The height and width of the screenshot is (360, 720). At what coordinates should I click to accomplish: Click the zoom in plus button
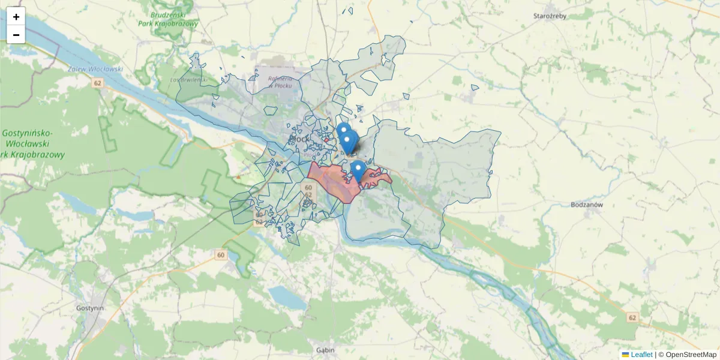coord(16,17)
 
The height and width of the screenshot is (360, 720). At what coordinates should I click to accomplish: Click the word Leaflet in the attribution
coord(641,355)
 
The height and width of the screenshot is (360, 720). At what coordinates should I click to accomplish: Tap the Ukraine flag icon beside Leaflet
coord(626,355)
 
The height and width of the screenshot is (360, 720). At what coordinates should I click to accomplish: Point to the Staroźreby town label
coord(550,16)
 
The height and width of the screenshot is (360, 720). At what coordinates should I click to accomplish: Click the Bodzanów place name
coord(586,205)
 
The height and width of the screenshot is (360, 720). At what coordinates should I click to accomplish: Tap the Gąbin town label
coord(325,350)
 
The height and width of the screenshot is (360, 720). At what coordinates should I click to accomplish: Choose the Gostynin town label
coord(91,308)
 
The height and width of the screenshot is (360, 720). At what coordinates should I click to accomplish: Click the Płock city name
coord(299,139)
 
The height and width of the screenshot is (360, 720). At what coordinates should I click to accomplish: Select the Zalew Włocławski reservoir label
coord(97,69)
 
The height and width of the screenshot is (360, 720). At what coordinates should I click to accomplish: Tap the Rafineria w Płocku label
coord(280,82)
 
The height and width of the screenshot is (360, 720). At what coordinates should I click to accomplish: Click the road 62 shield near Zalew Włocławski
coord(97,83)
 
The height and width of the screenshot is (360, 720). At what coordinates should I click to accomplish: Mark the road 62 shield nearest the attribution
coord(632,317)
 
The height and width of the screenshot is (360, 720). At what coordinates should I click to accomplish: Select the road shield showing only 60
coord(221,255)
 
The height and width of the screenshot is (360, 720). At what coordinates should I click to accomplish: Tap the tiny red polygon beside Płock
coord(326,140)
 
